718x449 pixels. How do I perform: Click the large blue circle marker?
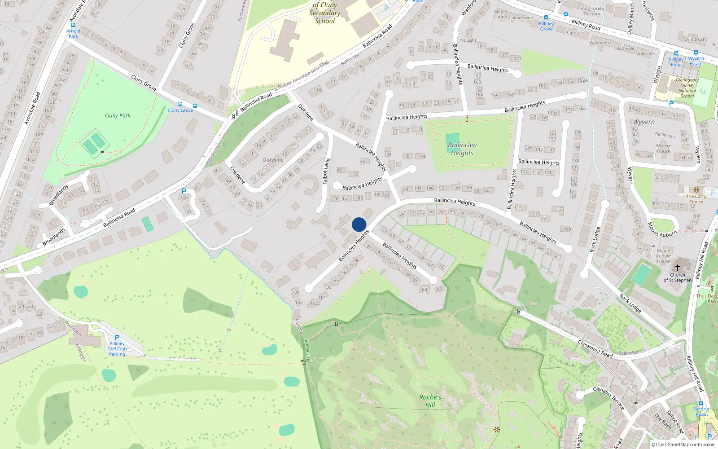tap(359, 224)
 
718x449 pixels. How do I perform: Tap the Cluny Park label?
tap(118, 115)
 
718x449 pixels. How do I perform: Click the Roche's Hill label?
tap(430, 401)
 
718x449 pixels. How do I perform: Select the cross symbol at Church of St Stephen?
tap(678, 268)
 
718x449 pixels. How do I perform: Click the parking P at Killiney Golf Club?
tap(117, 338)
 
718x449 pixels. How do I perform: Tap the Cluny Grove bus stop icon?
tap(180, 104)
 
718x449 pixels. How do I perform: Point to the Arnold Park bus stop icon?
tap(73, 25)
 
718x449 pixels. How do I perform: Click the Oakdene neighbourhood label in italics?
tap(273, 160)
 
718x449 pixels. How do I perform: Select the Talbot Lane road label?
tap(326, 171)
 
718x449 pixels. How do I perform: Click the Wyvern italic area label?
tap(644, 122)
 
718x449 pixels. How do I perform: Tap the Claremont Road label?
tap(595, 348)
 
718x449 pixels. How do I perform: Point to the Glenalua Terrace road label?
tap(609, 398)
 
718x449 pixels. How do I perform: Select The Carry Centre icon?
tap(696, 190)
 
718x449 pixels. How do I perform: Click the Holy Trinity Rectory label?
tap(592, 11)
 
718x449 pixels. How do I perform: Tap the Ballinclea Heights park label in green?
tap(462, 149)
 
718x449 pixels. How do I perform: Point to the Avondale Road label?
tap(32, 108)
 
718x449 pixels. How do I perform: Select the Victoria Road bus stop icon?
tap(700, 403)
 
